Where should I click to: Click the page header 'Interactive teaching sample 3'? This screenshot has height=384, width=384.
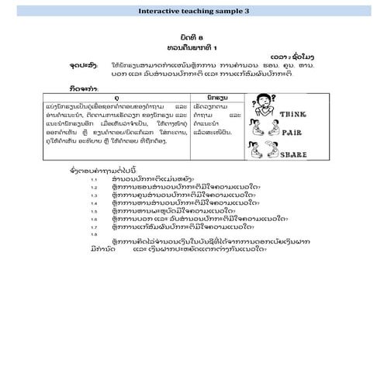[192, 12]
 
